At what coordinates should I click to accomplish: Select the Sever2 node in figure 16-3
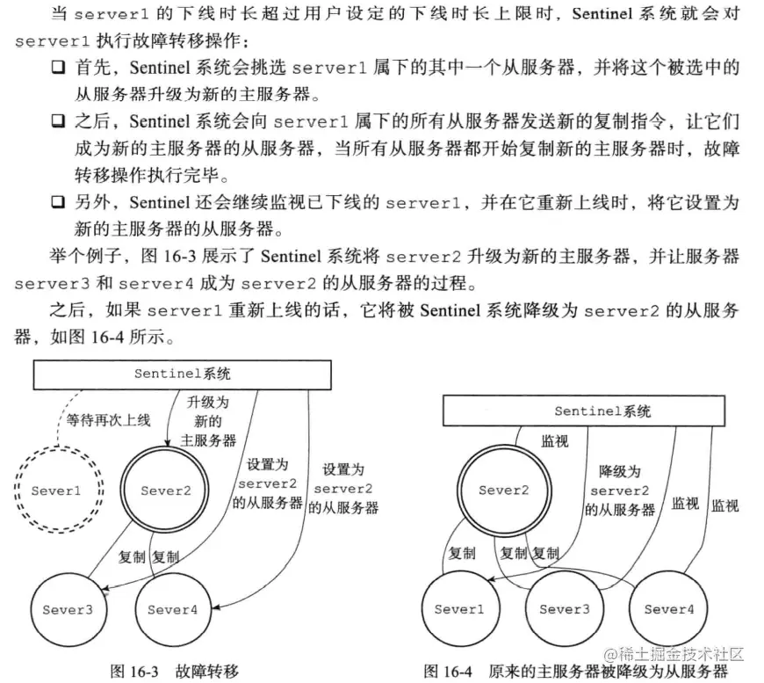tap(166, 490)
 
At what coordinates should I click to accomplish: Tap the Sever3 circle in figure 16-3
tap(67, 609)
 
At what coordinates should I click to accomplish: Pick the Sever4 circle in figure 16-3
tap(172, 609)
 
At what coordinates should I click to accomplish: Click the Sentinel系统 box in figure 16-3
tap(182, 374)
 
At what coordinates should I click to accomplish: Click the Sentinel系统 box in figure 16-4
tap(584, 411)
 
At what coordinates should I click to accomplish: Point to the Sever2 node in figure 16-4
tap(504, 490)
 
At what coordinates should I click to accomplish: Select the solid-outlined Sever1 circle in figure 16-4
tap(459, 609)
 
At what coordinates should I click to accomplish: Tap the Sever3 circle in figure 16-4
tap(564, 609)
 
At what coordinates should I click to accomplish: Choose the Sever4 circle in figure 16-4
tap(669, 609)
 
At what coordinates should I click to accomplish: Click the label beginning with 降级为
tap(620, 490)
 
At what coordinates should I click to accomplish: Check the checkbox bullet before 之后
tap(58, 120)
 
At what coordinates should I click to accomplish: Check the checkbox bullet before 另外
tap(58, 203)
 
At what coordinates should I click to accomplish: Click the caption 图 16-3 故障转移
tap(174, 670)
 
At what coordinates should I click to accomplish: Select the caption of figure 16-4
tap(575, 671)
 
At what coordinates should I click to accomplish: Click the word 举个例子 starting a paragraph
tap(80, 258)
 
